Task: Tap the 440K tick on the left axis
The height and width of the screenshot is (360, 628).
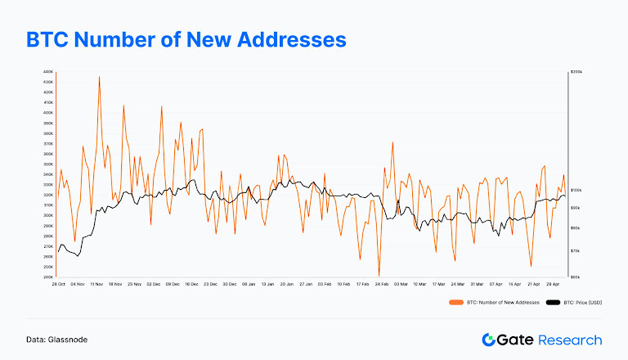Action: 49,72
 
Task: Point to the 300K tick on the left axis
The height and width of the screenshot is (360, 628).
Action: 49,215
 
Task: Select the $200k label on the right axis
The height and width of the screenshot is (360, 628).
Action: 576,72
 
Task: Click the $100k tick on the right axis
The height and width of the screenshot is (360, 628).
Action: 576,190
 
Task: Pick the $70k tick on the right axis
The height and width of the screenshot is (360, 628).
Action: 575,251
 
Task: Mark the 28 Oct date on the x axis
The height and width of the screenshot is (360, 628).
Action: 59,284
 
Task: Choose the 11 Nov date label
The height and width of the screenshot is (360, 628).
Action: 95,284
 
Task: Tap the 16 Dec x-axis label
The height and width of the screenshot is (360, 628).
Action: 192,284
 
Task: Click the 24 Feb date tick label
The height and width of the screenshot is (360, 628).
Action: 380,284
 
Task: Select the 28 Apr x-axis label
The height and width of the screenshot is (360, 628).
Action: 553,284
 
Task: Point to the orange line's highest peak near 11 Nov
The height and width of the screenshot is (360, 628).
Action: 99,77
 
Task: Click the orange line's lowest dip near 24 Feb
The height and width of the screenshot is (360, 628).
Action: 379,275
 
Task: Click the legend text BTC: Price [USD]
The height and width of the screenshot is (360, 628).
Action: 583,303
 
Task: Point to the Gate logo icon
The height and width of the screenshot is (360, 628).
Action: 489,340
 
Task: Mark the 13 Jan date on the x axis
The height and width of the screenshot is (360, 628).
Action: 267,284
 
